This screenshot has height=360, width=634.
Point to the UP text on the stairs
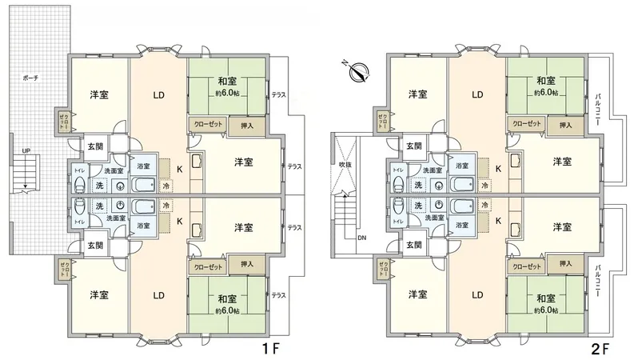click(26, 150)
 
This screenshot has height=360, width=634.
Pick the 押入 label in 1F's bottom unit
click(247, 264)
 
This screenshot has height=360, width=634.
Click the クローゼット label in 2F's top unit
click(527, 125)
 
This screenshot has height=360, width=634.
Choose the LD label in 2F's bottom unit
click(477, 294)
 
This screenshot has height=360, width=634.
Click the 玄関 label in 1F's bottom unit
click(95, 245)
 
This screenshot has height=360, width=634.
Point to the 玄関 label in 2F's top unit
click(414, 146)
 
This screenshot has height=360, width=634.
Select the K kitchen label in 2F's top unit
click(498, 169)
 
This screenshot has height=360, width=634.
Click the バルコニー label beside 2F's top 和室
click(598, 105)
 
